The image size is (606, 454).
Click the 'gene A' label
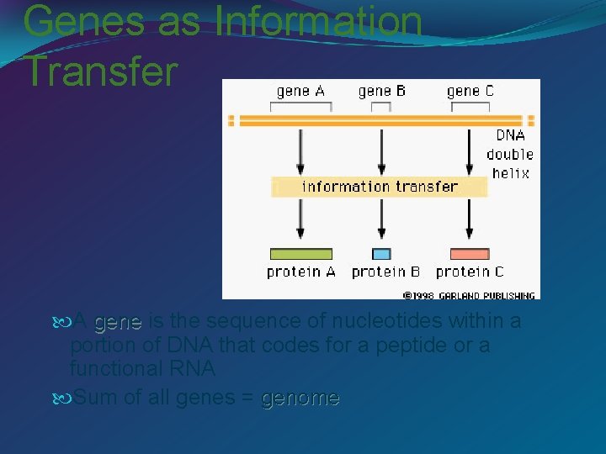tap(301, 91)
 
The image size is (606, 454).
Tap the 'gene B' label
tap(382, 91)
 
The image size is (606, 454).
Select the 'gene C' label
tap(470, 91)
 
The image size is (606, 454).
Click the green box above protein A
tap(300, 254)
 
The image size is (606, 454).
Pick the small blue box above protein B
tap(382, 254)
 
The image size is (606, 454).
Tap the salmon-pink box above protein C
tap(470, 254)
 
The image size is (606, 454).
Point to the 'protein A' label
tap(300, 272)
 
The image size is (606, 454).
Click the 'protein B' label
tap(385, 272)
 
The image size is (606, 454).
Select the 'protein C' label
tap(470, 272)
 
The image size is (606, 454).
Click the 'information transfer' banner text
tap(380, 187)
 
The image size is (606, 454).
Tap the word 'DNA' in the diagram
tap(510, 135)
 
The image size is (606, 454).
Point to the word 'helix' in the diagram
tap(510, 173)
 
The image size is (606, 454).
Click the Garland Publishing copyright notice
tap(470, 295)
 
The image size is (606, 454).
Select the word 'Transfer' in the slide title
tap(101, 71)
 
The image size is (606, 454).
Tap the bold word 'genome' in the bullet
tap(300, 398)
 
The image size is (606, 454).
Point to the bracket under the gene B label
tap(382, 106)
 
